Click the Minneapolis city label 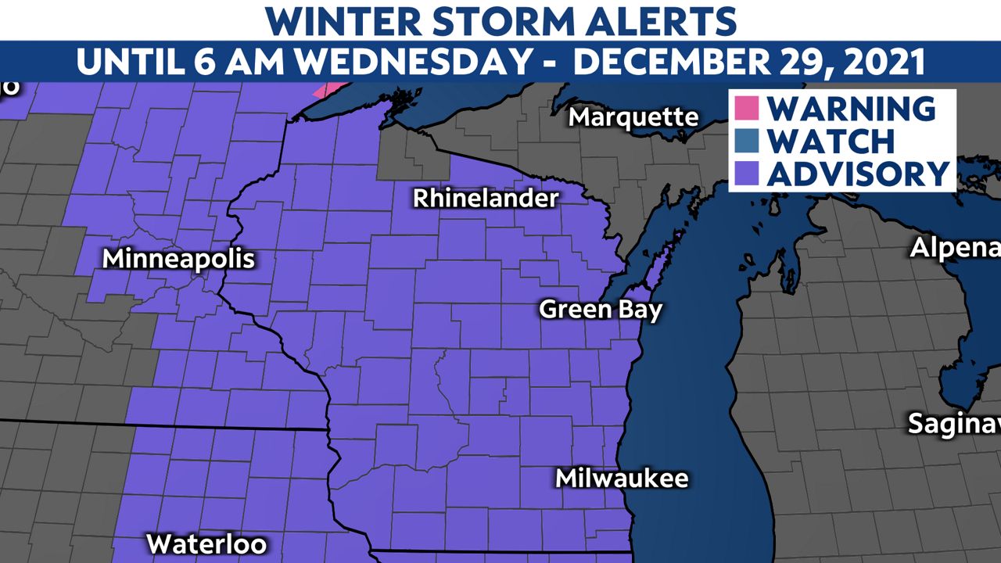coord(179,259)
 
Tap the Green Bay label coord(601,309)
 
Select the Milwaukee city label coord(622,478)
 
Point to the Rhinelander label coord(486,198)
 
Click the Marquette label coord(633,117)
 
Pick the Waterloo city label coord(206,543)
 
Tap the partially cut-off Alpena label coord(955,249)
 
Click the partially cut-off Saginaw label coord(953,424)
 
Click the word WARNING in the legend coord(851,108)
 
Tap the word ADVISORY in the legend coord(858,174)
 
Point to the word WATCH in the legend coord(831,141)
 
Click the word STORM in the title coord(468,20)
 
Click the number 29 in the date coord(790,62)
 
